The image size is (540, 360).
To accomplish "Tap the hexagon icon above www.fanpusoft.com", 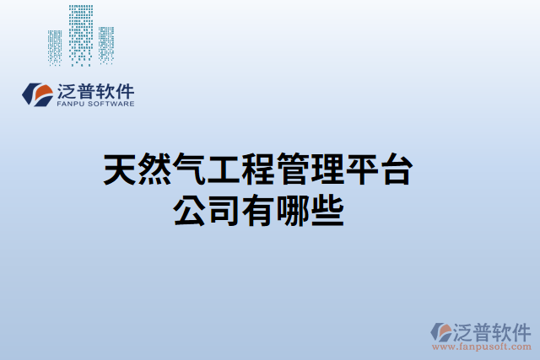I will [x=441, y=330].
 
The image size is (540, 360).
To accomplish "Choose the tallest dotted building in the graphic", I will [x=81, y=34].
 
